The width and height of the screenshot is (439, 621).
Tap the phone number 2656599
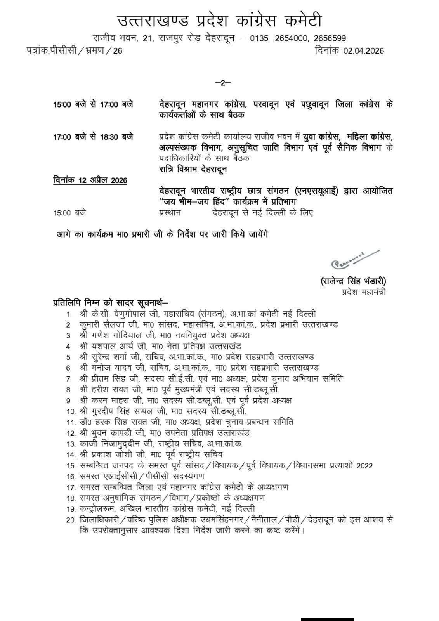[330, 38]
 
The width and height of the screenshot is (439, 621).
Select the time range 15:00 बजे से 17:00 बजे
[93, 104]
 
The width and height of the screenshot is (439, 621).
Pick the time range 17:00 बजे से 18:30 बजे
[93, 137]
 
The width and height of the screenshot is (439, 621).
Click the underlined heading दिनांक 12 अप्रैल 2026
[90, 180]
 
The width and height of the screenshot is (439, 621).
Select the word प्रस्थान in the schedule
[170, 213]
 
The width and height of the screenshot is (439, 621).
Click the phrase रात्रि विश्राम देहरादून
[193, 169]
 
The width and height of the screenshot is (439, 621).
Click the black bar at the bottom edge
[327, 619]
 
